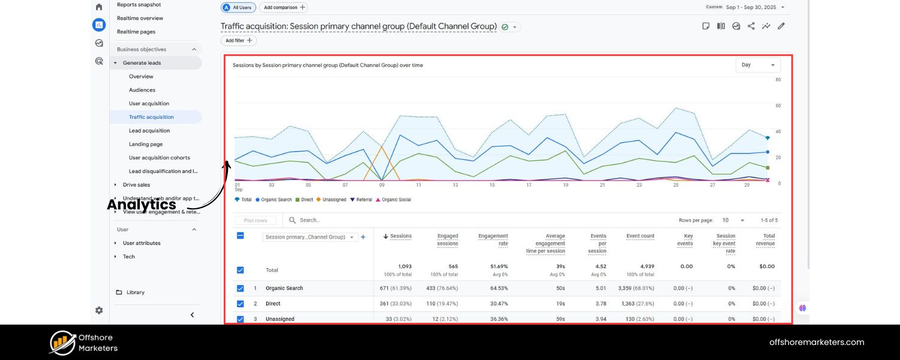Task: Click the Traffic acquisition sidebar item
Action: pos(151,117)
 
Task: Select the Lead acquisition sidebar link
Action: pos(149,131)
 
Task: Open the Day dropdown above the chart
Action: pos(758,65)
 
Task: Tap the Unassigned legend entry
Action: pos(331,200)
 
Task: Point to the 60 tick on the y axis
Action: pos(778,106)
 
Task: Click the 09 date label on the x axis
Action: pos(382,185)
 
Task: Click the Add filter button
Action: pos(239,41)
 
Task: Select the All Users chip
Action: pos(239,7)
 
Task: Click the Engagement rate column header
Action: pos(493,239)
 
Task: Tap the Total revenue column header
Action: pos(765,239)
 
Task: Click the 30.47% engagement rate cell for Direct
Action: pos(499,304)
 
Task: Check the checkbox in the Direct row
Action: pos(240,304)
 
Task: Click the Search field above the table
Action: pos(336,220)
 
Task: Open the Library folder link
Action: pos(135,292)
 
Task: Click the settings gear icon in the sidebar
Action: pos(99,310)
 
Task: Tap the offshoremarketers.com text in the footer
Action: pos(817,342)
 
